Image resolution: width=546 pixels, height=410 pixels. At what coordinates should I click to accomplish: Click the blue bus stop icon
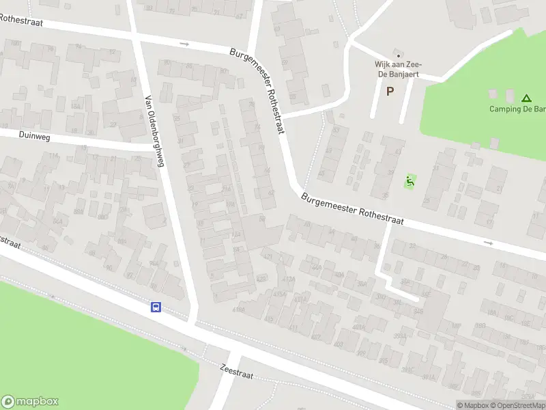[156, 307]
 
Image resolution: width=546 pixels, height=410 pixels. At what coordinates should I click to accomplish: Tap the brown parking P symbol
[390, 91]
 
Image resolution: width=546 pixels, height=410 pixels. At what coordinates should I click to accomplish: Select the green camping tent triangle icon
[526, 98]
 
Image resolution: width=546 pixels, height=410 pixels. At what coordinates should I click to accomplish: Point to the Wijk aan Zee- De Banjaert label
[397, 70]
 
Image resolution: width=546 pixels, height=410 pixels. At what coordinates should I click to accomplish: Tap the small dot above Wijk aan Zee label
[399, 56]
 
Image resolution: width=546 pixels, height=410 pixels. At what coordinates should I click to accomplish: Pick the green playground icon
[409, 181]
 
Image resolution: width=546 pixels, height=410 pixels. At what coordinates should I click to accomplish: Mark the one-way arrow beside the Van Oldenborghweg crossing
[184, 44]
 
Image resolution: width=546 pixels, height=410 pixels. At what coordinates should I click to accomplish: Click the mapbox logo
[30, 402]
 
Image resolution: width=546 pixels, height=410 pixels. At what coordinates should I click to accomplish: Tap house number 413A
[289, 279]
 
